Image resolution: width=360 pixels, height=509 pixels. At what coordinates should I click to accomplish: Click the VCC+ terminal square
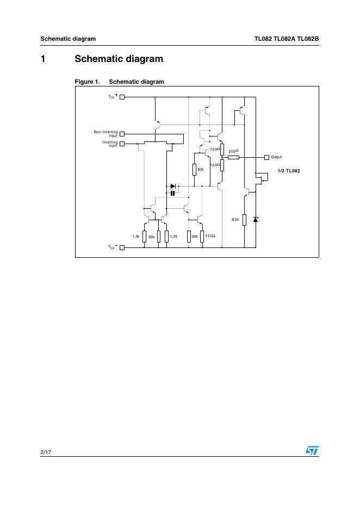click(122, 97)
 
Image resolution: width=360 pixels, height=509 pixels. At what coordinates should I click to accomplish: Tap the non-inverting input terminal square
click(122, 133)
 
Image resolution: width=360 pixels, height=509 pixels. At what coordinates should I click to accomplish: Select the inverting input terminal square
click(122, 144)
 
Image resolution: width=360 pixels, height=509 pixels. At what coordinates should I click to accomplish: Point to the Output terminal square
click(266, 157)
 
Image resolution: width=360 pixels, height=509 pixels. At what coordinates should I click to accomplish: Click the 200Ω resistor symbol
click(233, 157)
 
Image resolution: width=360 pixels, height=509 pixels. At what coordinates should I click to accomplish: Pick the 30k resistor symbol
click(194, 170)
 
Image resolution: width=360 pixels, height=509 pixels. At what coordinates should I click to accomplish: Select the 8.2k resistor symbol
click(244, 219)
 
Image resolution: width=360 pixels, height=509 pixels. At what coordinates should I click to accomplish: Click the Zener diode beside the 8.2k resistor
click(256, 219)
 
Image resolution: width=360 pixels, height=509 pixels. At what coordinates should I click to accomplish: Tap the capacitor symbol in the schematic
click(173, 193)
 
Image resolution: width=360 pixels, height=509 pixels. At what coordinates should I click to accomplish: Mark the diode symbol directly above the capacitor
click(173, 186)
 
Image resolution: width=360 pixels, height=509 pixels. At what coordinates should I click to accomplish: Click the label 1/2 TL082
click(288, 171)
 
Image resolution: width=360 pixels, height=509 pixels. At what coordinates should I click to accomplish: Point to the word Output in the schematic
click(276, 157)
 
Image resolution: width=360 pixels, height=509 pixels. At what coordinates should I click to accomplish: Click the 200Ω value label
click(233, 151)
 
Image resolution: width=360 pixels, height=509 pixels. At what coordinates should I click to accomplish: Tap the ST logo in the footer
click(312, 451)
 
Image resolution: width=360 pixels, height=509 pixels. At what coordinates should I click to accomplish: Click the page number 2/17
click(45, 451)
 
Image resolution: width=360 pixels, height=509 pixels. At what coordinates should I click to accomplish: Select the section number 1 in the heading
click(43, 59)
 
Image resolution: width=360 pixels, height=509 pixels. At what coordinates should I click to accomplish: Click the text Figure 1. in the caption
click(87, 82)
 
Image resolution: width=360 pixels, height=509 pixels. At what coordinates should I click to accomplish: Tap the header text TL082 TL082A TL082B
click(286, 39)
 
